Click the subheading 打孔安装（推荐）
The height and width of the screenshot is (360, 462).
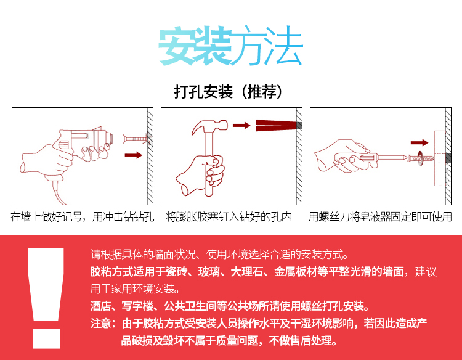pos(231,92)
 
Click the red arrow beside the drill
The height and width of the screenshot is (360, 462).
pos(133,155)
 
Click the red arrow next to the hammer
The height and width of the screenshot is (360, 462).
pos(241,126)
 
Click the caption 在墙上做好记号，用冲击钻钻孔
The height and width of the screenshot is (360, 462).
pos(82,217)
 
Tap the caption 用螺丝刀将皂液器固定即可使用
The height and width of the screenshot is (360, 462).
pos(380,217)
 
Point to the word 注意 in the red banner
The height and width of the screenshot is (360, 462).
pos(101,323)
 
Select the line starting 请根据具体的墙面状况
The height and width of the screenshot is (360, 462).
pos(219,254)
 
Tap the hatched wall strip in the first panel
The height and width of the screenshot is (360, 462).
pos(150,157)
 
